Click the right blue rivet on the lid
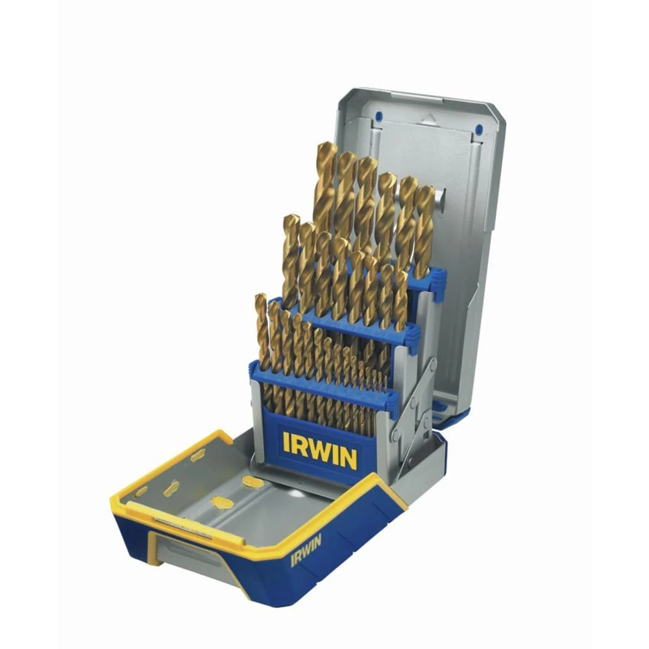pyautogui.click(x=478, y=129)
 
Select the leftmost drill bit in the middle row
pyautogui.click(x=291, y=260)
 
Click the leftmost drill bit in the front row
pyautogui.click(x=262, y=331)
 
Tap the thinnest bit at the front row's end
pyautogui.click(x=384, y=380)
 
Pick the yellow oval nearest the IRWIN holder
pyautogui.click(x=253, y=481)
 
